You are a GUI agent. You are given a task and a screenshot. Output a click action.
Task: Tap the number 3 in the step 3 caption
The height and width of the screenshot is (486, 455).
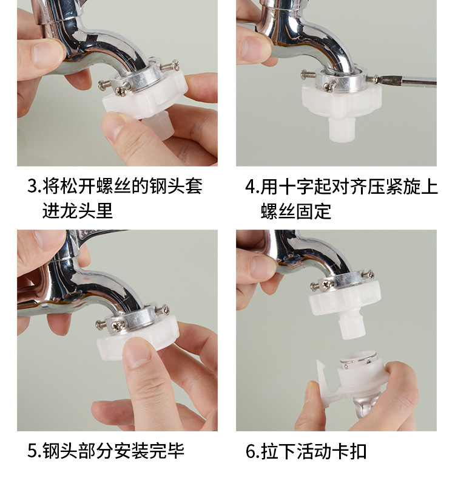32,187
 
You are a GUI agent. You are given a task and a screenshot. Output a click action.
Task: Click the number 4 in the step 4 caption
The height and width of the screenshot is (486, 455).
250,187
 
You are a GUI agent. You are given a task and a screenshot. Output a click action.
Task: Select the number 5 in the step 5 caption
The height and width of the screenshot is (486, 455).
32,451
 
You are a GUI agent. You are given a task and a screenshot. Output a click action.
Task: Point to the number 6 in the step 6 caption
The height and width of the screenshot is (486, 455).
251,451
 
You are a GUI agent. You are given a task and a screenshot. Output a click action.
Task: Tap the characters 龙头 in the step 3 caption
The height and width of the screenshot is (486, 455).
78,210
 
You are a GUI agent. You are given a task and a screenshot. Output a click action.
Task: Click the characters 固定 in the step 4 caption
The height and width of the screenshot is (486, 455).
314,211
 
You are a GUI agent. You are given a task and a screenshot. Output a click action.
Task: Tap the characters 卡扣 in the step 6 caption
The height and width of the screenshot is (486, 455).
349,451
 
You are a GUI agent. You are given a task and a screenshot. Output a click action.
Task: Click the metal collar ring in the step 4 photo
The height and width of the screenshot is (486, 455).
340,79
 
